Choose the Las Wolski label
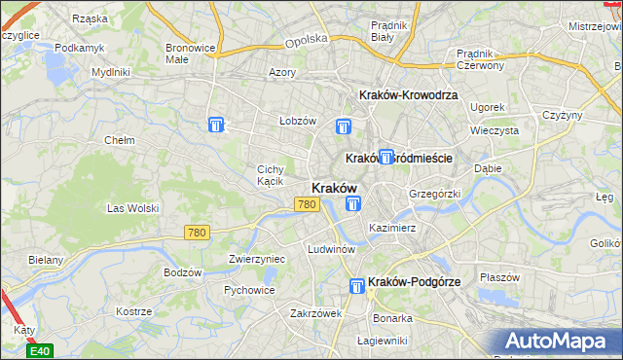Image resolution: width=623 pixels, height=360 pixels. click(131, 207)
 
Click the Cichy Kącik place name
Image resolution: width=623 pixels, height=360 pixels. click(270, 174)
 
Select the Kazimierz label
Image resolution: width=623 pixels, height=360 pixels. click(392, 228)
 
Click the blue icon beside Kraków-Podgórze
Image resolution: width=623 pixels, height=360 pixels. click(357, 283)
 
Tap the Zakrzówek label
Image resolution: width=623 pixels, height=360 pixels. click(314, 313)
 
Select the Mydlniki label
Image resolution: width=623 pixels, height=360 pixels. click(110, 72)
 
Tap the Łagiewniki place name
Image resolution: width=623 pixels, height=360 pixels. click(381, 341)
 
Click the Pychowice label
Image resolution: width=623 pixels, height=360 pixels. click(247, 289)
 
